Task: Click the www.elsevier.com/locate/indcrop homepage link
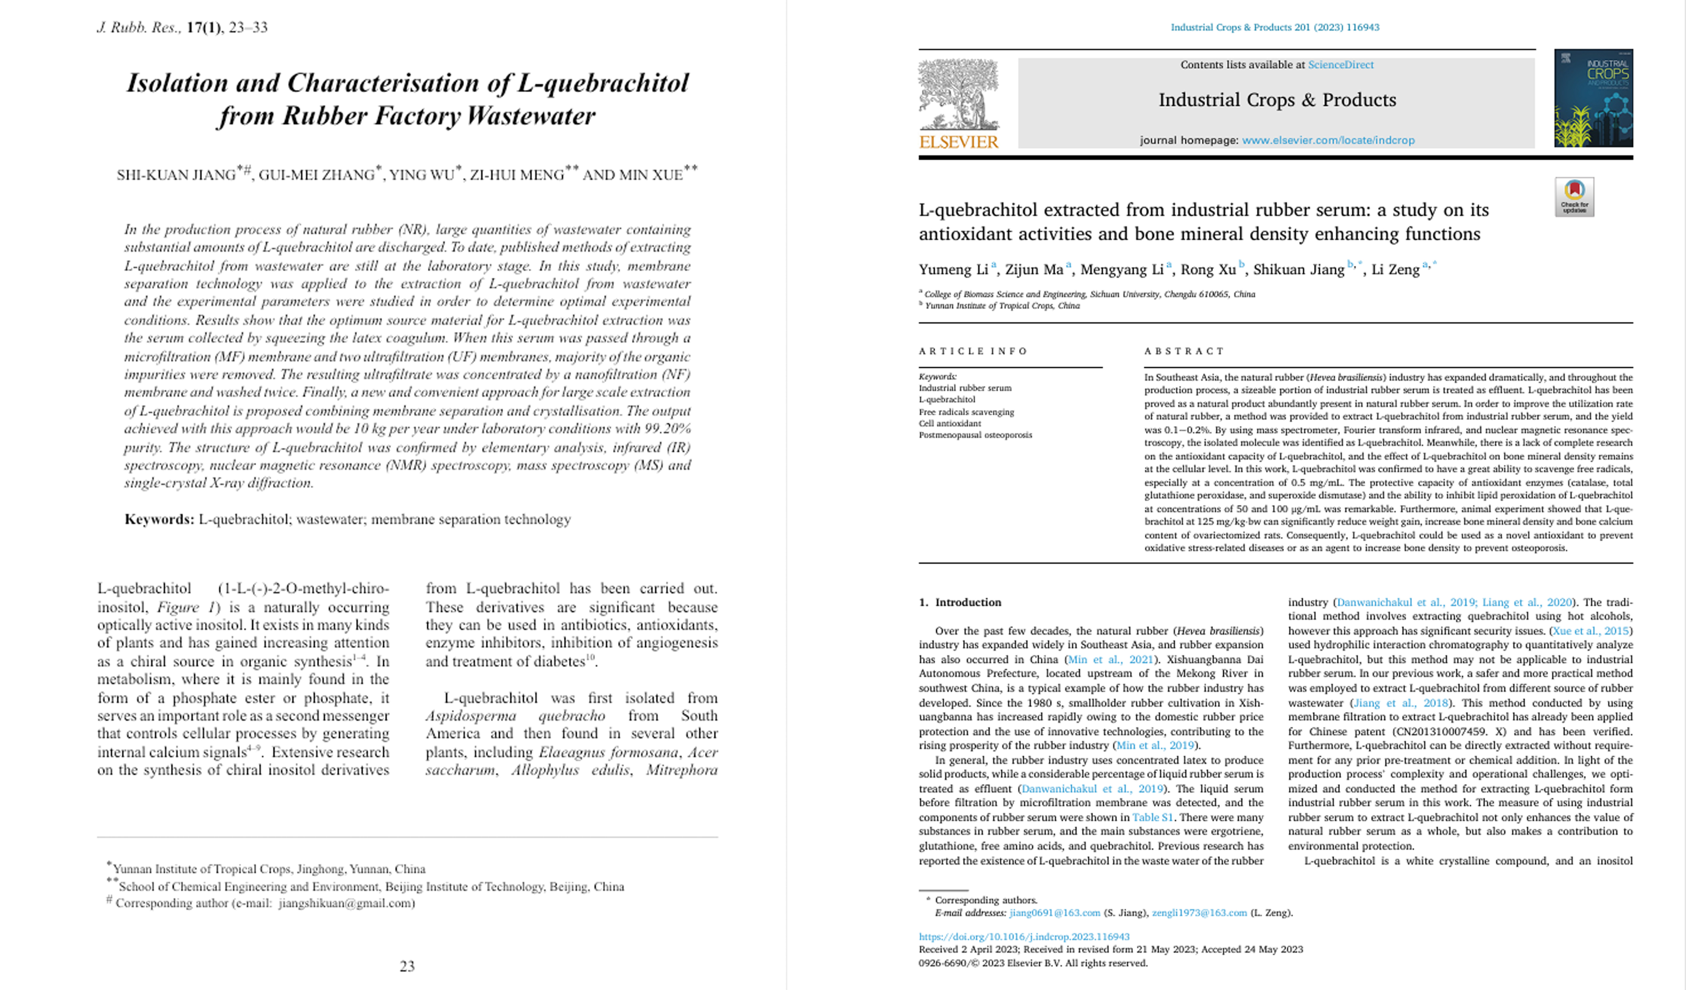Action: (x=1328, y=141)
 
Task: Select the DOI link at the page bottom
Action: (x=1024, y=936)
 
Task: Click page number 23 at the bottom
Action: (x=407, y=966)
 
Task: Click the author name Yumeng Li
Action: (x=953, y=270)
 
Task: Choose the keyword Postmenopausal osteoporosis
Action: (x=975, y=435)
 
